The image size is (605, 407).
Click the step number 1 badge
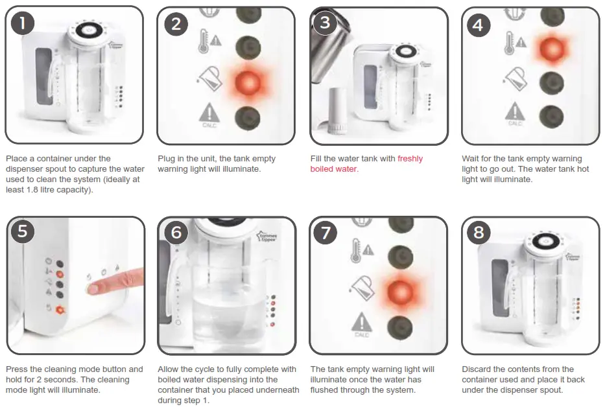23,23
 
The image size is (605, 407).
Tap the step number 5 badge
23,231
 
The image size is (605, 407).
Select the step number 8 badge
479,233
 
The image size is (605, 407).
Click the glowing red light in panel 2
248,82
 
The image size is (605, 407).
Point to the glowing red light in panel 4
552,49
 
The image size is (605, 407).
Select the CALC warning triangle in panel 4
515,113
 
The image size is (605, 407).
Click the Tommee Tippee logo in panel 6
267,236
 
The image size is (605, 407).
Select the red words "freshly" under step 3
410,159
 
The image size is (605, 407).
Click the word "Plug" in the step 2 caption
166,159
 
